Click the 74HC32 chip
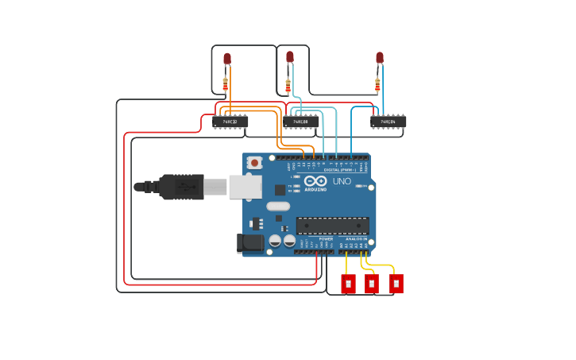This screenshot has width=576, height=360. tap(230, 122)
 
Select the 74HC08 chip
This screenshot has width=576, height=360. tap(301, 122)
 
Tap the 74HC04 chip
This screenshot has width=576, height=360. tap(389, 122)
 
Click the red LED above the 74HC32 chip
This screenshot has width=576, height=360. tap(227, 59)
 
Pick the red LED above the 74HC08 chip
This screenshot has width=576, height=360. tap(290, 57)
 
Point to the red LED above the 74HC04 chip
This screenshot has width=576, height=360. tap(380, 58)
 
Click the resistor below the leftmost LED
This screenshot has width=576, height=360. tap(226, 83)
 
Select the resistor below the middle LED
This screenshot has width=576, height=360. tap(288, 85)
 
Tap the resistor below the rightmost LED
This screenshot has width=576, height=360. tap(377, 84)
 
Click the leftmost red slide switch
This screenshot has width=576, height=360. tap(348, 284)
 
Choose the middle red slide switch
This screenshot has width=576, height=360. tap(372, 284)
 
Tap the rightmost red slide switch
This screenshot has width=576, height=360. tap(396, 284)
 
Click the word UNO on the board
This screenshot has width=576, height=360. tap(341, 181)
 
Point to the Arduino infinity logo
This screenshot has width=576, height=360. tap(315, 180)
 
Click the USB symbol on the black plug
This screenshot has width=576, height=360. tap(186, 187)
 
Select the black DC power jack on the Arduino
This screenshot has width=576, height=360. tap(251, 242)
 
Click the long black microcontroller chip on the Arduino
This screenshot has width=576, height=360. tap(333, 226)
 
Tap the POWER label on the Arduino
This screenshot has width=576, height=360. tap(326, 238)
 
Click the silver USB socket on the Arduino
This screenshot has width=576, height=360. tap(245, 187)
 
